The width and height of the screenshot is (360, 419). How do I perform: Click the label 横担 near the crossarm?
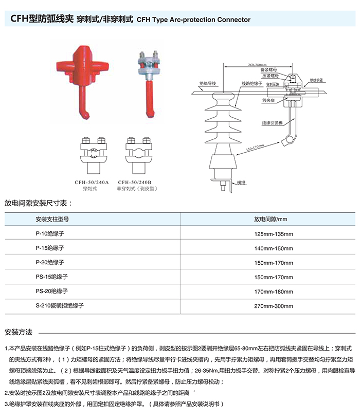coord(242,183)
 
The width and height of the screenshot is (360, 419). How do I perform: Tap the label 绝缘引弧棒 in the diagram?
coord(272,122)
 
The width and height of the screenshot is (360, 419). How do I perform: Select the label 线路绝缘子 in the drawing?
coord(251,83)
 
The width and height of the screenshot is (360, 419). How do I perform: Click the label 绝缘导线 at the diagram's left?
coord(208,83)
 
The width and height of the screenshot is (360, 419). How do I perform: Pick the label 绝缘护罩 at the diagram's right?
coord(317,81)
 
